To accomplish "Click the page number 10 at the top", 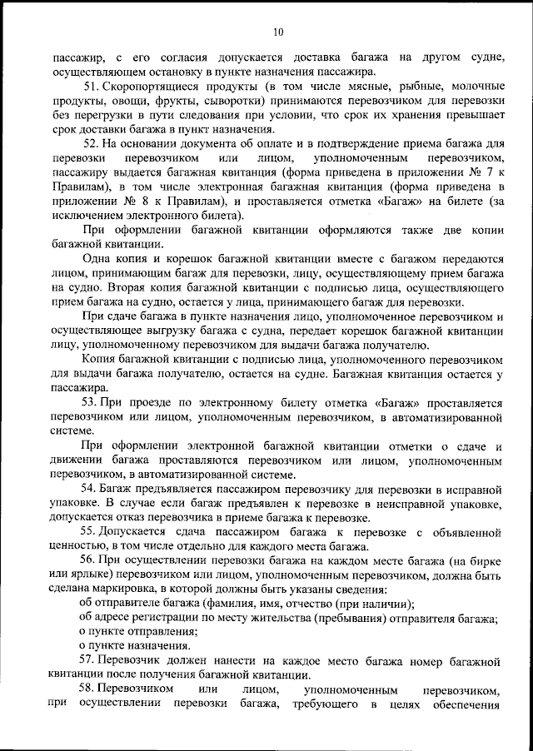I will click(x=278, y=32).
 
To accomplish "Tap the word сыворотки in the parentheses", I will click(x=224, y=101).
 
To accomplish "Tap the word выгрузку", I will click(x=152, y=332).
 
